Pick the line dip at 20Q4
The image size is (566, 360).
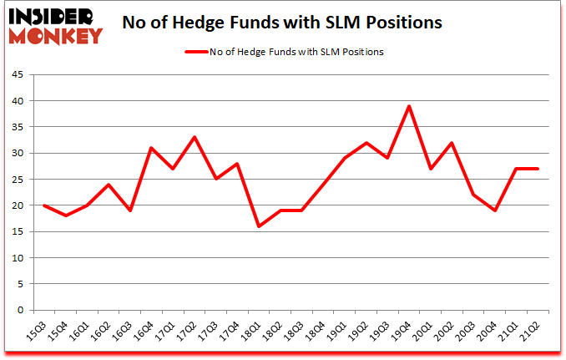[496, 210]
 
